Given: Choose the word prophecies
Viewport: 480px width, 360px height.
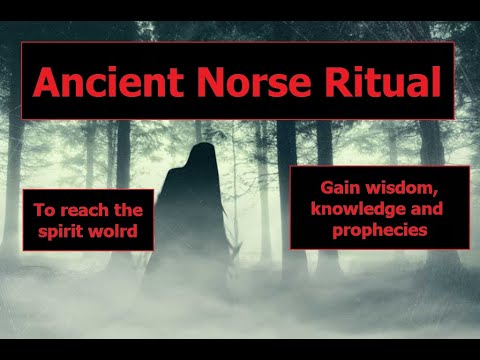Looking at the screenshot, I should pos(381,230).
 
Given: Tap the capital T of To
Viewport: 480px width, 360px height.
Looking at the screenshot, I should pos(39,211).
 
